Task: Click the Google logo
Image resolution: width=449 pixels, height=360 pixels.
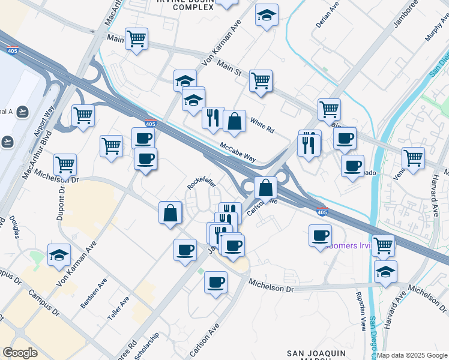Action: click(x=20, y=353)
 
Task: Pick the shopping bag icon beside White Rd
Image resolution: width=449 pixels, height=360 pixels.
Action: click(x=234, y=121)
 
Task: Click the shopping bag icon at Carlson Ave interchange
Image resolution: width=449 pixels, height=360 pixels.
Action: click(x=265, y=188)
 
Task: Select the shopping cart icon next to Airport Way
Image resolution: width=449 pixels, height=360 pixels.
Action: click(x=83, y=115)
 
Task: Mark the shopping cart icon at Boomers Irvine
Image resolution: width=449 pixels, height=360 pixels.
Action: click(x=383, y=245)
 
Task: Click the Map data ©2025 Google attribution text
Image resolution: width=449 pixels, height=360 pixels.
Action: click(x=411, y=355)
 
